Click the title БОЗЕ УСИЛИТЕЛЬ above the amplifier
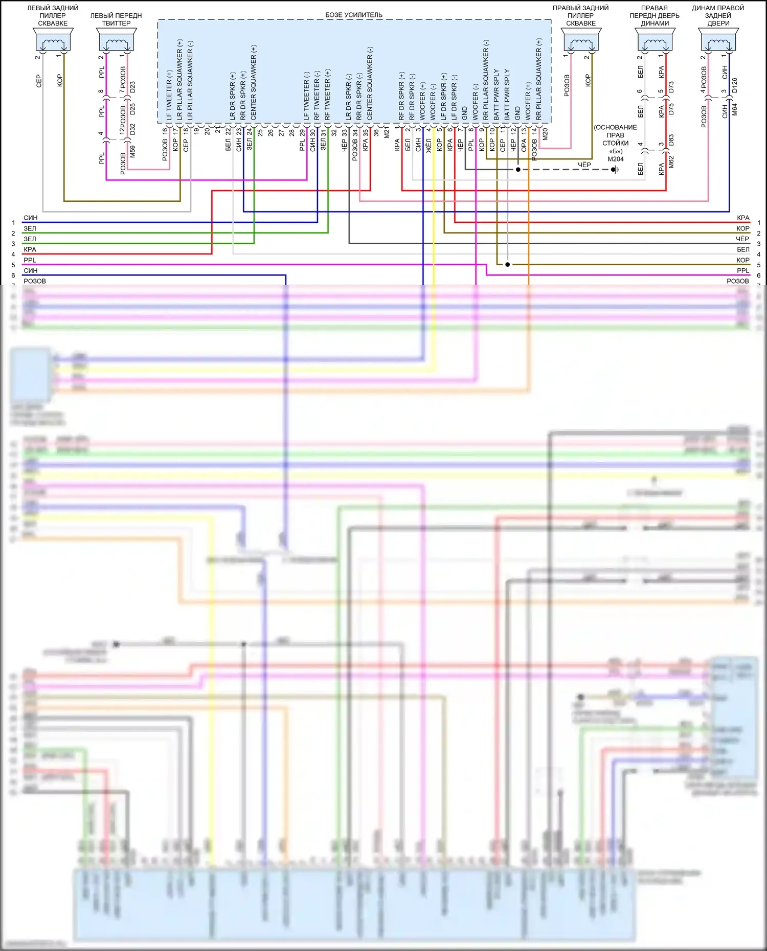click(x=353, y=15)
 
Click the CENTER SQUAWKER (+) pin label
click(x=254, y=83)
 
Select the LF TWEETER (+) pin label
click(x=169, y=95)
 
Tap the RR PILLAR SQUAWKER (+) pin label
click(x=539, y=79)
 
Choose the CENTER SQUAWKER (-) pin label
click(x=370, y=83)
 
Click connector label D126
click(x=735, y=85)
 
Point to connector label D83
click(x=671, y=142)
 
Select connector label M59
click(x=133, y=151)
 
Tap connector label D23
click(x=133, y=87)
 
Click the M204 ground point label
click(x=615, y=159)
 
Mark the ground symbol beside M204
click(x=616, y=170)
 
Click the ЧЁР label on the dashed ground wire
click(x=584, y=165)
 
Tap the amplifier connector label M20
click(x=545, y=134)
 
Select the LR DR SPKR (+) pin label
click(x=233, y=96)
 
